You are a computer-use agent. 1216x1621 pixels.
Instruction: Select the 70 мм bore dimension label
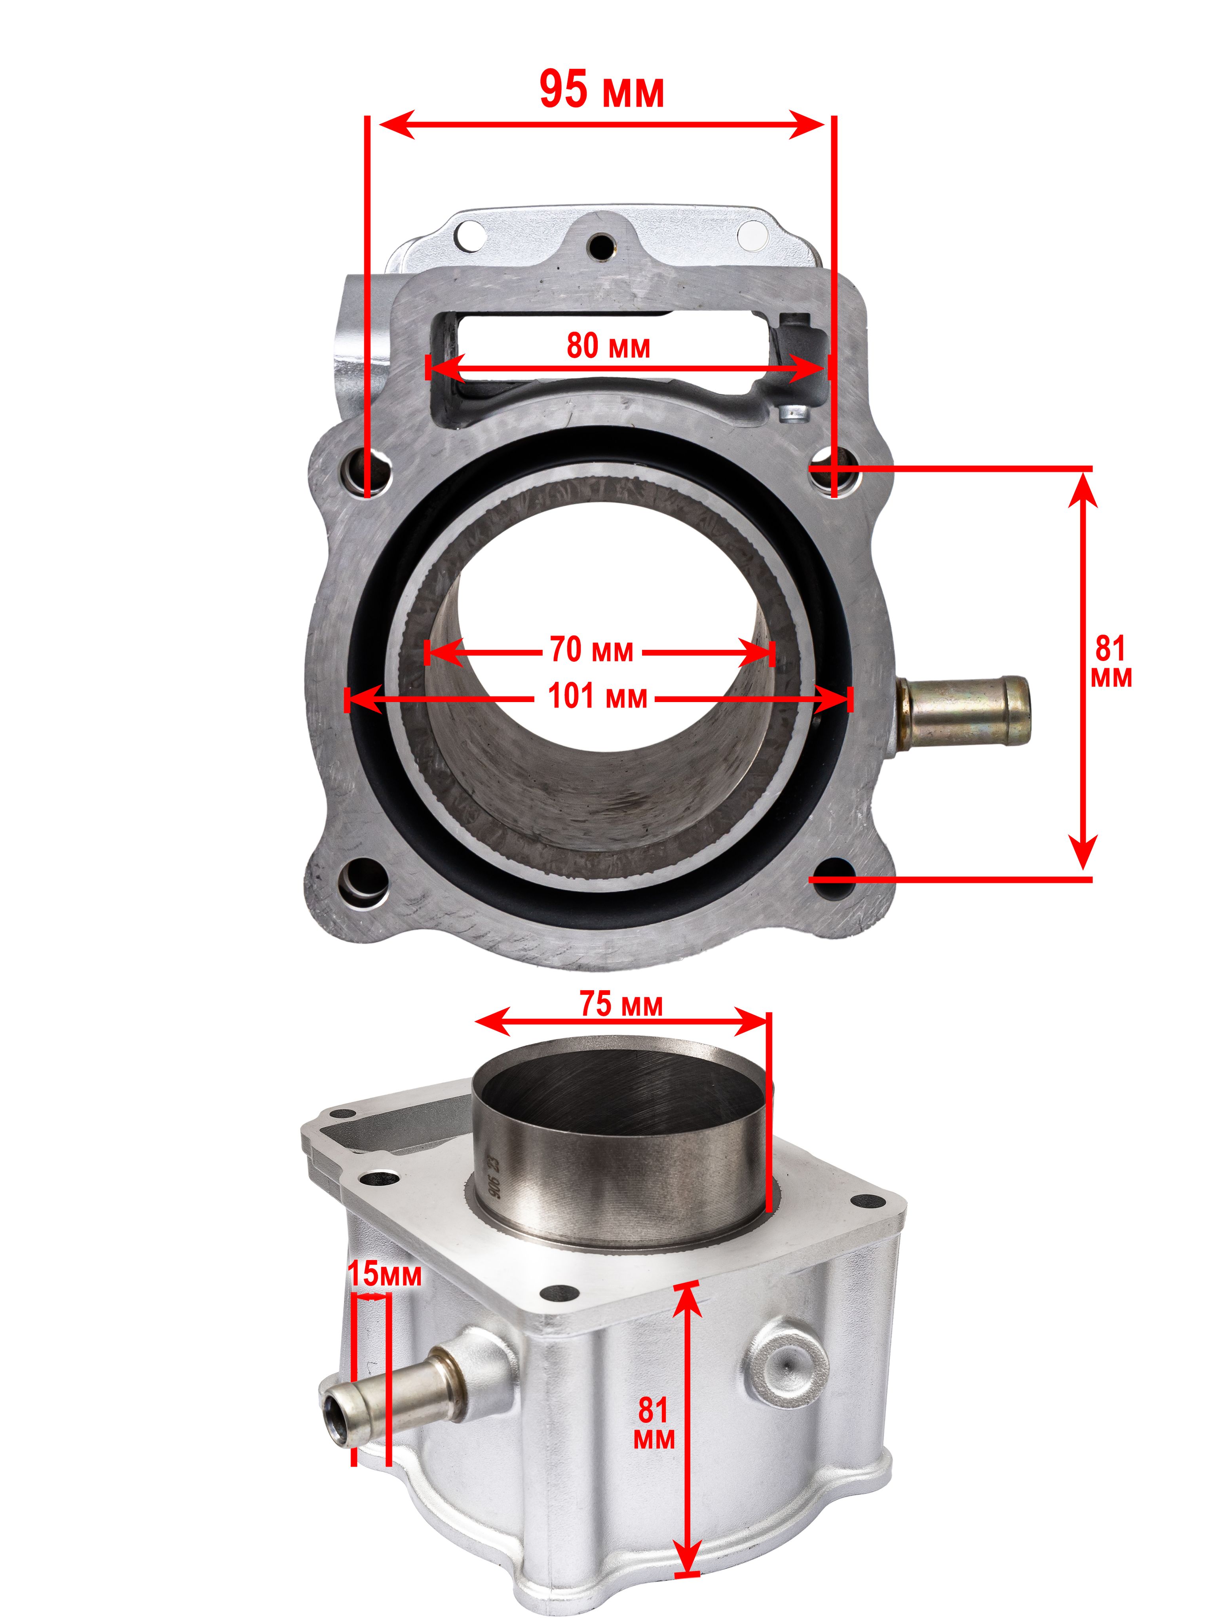pos(591,650)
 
